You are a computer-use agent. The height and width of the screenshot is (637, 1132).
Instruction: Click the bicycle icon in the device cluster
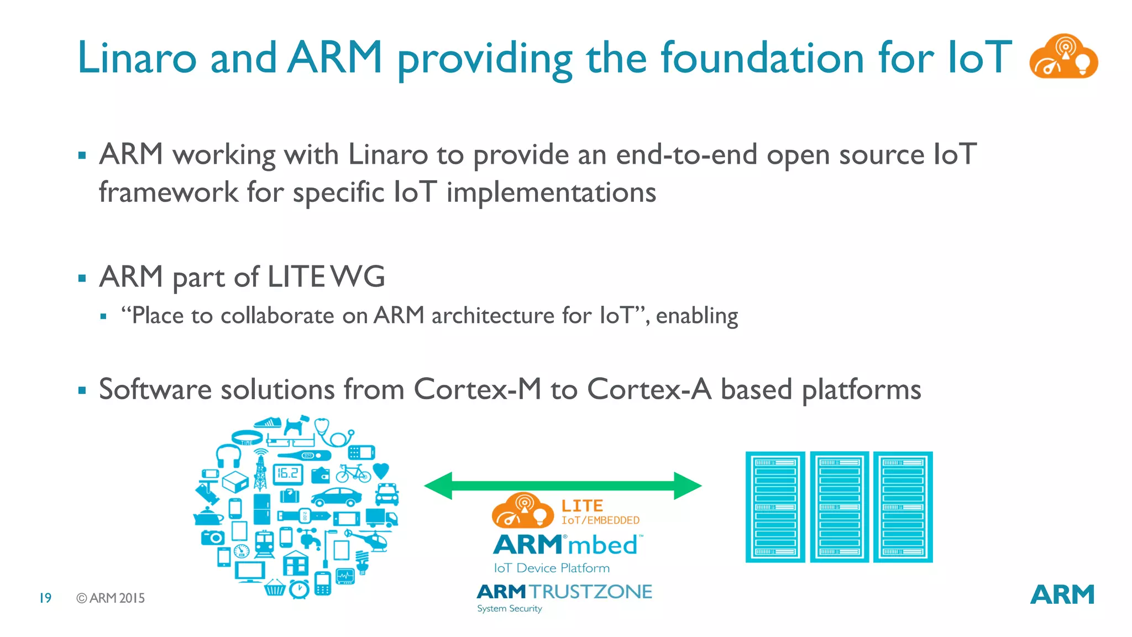pyautogui.click(x=353, y=473)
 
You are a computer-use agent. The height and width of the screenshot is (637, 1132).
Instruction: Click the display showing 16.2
pyautogui.click(x=288, y=473)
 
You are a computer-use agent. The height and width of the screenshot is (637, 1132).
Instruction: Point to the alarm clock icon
pyautogui.click(x=299, y=588)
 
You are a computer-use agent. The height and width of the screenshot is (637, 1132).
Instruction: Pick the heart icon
pyautogui.click(x=381, y=471)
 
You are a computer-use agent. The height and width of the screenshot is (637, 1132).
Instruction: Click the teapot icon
pyautogui.click(x=207, y=517)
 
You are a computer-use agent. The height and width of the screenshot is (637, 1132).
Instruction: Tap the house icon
pyautogui.click(x=296, y=563)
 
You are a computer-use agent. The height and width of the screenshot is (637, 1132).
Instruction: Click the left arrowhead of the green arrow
pyautogui.click(x=439, y=486)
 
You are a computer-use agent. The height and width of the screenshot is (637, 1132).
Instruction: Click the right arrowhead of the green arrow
pyautogui.click(x=687, y=486)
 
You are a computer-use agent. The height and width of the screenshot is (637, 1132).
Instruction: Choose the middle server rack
pyautogui.click(x=839, y=507)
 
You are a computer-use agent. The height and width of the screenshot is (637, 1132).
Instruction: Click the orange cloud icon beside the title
pyautogui.click(x=1063, y=57)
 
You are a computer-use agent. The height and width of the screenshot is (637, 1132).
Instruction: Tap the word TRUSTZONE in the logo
pyautogui.click(x=591, y=592)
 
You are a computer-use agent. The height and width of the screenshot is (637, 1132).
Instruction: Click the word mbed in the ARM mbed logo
pyautogui.click(x=602, y=545)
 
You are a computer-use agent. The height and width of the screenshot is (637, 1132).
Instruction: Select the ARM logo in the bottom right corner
pyautogui.click(x=1062, y=595)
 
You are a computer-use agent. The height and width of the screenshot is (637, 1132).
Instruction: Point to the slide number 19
pyautogui.click(x=45, y=598)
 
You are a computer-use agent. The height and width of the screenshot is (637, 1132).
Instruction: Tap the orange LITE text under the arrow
pyautogui.click(x=581, y=505)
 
